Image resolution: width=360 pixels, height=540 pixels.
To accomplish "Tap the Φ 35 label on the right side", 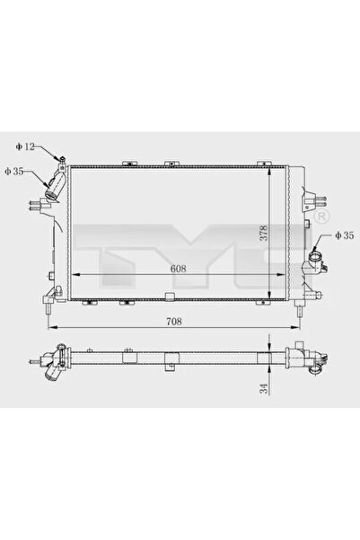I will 344,235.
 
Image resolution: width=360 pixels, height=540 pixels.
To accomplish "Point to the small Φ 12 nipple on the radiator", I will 61,159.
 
